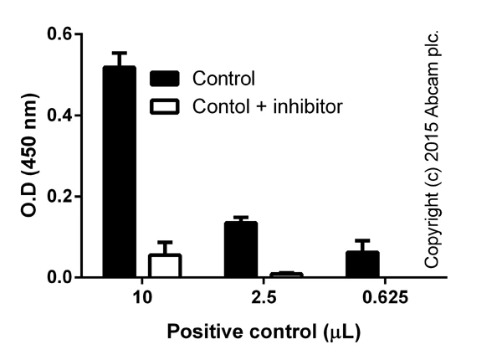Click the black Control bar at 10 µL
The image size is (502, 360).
click(119, 172)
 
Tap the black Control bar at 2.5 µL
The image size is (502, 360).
click(240, 249)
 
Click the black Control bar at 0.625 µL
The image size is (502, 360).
click(361, 264)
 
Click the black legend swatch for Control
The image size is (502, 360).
click(166, 80)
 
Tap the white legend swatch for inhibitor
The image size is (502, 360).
click(166, 107)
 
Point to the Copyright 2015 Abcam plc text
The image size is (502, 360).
click(432, 151)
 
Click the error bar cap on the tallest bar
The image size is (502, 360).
click(119, 53)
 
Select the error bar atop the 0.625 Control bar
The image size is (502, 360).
click(361, 241)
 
